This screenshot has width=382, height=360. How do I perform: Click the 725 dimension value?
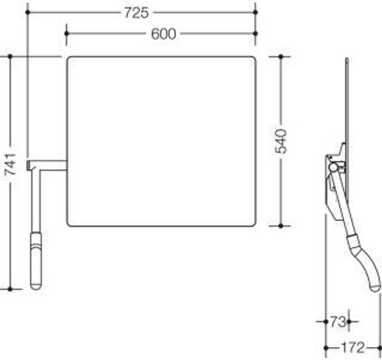[x=137, y=13]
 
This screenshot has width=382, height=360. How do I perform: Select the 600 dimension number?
[x=163, y=34]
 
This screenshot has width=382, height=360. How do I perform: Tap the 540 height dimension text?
[x=281, y=141]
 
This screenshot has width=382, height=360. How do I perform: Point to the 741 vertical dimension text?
[x=10, y=164]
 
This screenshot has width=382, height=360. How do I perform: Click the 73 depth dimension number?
[x=338, y=322]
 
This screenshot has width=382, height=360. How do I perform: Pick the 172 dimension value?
[x=353, y=348]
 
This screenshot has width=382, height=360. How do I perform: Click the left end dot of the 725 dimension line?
[x=28, y=12]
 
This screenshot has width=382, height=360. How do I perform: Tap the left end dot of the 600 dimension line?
[x=67, y=33]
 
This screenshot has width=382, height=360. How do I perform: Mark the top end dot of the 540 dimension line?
[x=281, y=57]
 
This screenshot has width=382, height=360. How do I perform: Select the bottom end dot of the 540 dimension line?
[x=281, y=226]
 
